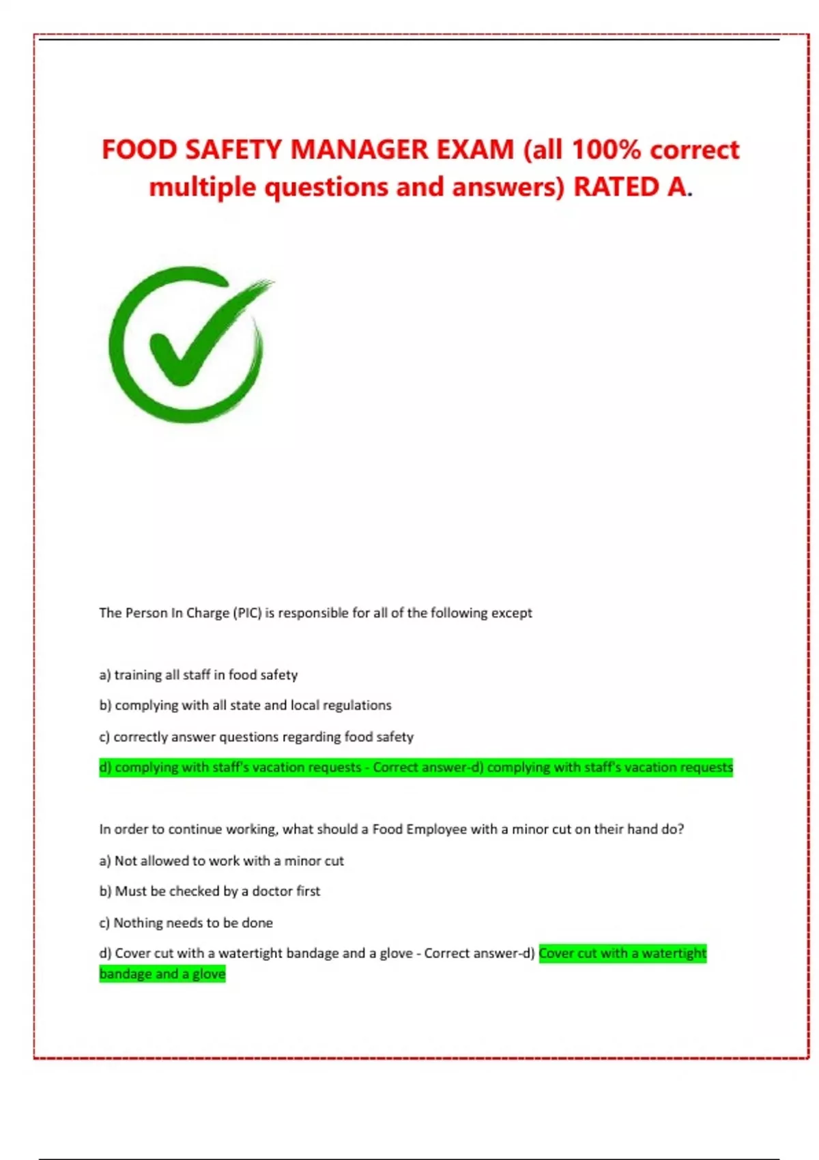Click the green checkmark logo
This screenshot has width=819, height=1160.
click(188, 345)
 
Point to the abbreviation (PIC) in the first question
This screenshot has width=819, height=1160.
click(247, 613)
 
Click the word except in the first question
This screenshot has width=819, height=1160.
click(511, 613)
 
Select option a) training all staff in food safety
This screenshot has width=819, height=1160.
click(199, 675)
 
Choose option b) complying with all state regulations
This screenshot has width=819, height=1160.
click(246, 706)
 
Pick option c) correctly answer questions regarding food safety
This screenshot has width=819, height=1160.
click(257, 737)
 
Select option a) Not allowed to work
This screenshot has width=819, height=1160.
click(222, 861)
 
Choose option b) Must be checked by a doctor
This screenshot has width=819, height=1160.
click(210, 891)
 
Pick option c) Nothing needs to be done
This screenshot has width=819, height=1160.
click(186, 923)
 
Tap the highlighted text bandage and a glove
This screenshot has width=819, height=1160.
click(162, 974)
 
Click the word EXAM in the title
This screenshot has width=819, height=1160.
click(474, 149)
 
